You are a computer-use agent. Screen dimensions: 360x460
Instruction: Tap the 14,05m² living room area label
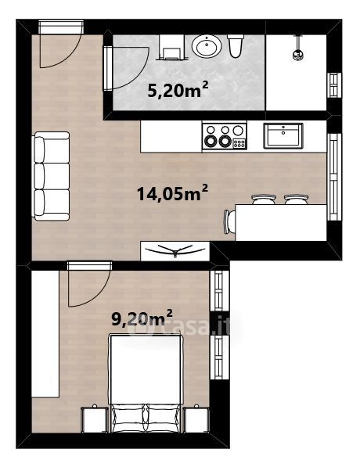pos(172,193)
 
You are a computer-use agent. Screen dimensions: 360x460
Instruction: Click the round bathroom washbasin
pos(207,45)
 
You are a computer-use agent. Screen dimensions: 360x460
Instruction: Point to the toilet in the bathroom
pos(236,45)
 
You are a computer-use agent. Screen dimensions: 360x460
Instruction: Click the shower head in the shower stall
pos(298,55)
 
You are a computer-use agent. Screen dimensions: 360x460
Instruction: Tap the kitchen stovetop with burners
pos(225,136)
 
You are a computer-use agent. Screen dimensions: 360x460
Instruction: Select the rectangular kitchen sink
pos(283,136)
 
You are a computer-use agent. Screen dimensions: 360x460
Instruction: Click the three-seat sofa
pos(52,176)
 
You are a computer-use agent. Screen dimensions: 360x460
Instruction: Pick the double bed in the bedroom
pos(146,383)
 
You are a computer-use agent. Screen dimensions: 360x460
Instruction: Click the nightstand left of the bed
pos(94,419)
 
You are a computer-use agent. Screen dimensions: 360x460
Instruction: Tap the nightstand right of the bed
pos(196,419)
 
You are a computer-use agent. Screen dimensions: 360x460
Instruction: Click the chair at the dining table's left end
pos(229,221)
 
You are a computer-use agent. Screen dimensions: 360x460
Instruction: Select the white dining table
pos(281,222)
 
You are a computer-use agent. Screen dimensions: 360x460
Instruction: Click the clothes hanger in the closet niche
pos(175,250)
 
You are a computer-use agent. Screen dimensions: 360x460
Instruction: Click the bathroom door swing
pos(125,68)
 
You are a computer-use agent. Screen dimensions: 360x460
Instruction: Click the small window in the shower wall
pos(334,85)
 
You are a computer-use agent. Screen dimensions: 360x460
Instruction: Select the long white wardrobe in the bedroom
pos(45,334)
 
